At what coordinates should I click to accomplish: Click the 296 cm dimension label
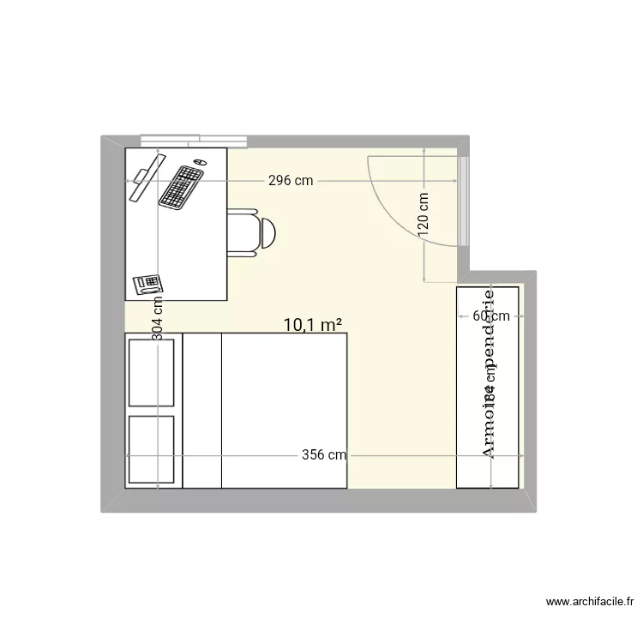291,181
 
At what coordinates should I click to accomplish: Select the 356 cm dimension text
323,455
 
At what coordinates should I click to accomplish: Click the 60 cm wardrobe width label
491,315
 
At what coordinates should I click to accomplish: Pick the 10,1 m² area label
313,324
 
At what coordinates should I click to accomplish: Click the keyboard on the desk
181,186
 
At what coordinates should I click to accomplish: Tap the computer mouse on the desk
200,161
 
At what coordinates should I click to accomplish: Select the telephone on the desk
147,283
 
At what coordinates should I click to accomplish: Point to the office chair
249,231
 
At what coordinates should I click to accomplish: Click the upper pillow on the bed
152,372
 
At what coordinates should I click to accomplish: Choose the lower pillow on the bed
152,450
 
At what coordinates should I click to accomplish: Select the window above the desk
195,140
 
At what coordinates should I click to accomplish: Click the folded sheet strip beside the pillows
202,410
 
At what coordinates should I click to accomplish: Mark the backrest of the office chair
268,231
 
